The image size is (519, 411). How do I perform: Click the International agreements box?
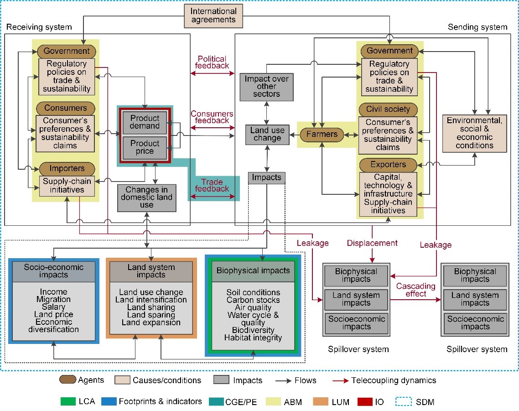pos(213,16)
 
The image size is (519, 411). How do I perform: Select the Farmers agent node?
pos(322,134)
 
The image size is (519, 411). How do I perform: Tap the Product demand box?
pos(145,122)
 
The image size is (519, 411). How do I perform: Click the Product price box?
pos(145,147)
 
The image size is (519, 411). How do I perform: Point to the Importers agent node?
pos(67,169)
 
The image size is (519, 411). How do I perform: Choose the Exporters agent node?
pos(388,165)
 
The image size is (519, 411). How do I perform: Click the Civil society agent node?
pos(388,109)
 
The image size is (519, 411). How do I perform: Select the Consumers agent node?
pos(66,108)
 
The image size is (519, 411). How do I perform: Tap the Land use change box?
pos(267,135)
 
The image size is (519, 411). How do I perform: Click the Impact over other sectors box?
pos(266,87)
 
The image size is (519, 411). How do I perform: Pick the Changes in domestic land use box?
pos(147,198)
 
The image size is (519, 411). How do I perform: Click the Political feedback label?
pos(212,62)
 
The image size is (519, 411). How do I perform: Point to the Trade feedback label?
pos(212,186)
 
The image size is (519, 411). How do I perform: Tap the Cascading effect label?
pos(416,290)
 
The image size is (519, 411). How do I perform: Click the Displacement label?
pos(372,243)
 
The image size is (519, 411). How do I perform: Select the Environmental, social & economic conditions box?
pos(474,133)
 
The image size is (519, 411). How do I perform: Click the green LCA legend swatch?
pos(68,401)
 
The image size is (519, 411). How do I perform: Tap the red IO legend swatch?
pos(365,401)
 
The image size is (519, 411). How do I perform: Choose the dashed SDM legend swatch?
pos(404,401)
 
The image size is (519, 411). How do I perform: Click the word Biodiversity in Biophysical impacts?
pos(253,330)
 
